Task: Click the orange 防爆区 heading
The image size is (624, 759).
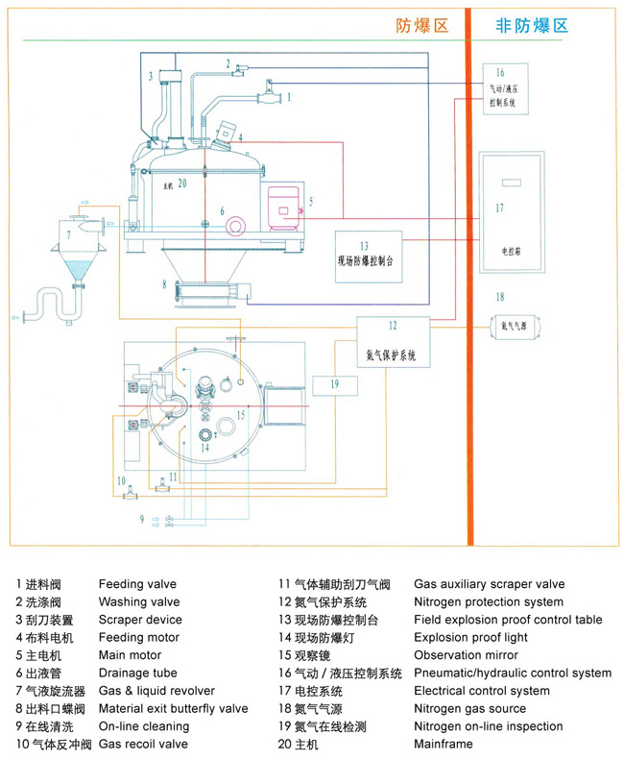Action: (422, 26)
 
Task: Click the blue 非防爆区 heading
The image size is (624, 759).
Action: (531, 26)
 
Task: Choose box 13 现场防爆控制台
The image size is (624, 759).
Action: (369, 252)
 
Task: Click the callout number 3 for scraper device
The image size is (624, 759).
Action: (151, 75)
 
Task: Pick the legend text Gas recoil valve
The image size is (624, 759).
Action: (143, 744)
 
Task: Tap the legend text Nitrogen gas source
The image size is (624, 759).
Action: (469, 709)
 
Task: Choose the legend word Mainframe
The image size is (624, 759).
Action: (444, 744)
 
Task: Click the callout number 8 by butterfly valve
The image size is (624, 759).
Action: (164, 284)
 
